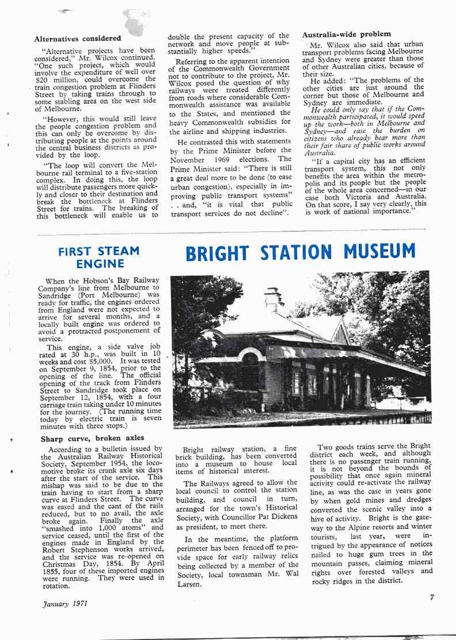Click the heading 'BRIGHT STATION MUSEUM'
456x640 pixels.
(301, 253)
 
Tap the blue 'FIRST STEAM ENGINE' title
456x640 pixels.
(99, 257)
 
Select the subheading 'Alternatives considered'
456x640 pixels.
(78, 39)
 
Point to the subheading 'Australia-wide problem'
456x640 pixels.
(347, 35)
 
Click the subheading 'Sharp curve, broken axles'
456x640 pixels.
(93, 439)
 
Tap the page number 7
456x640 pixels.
(432, 597)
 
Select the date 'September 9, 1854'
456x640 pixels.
(81, 353)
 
